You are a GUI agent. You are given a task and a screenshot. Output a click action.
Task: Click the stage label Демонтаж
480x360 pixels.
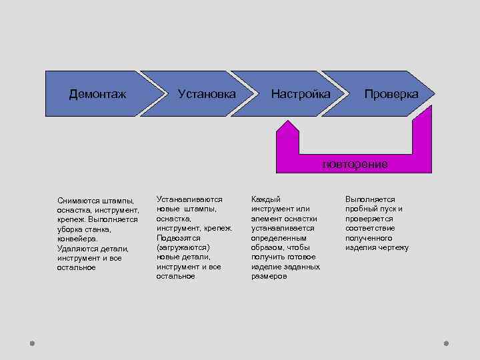(97, 94)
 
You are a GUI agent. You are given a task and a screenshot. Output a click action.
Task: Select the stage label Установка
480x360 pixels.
(207, 94)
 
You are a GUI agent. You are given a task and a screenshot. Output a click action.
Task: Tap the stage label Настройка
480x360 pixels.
(300, 94)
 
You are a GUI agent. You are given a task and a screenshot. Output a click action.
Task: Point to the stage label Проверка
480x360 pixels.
(391, 94)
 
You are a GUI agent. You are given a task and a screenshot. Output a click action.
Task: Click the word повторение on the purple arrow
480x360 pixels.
(355, 164)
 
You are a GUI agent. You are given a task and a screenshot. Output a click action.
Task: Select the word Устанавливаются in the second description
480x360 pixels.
(189, 199)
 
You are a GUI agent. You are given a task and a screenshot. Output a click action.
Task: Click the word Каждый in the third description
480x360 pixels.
(265, 199)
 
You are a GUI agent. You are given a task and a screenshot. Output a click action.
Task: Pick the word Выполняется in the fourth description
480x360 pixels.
(370, 199)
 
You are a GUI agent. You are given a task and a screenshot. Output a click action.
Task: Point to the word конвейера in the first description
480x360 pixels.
(77, 239)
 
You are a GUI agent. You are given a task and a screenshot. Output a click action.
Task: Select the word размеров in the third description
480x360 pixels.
(269, 276)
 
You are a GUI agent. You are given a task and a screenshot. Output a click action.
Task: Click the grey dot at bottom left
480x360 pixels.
(31, 343)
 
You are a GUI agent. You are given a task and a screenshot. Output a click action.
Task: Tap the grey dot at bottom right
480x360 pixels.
(446, 343)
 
